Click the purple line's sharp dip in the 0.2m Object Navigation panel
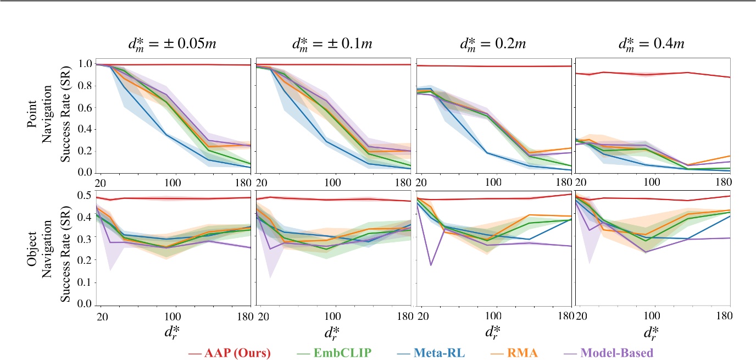tap(431, 265)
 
